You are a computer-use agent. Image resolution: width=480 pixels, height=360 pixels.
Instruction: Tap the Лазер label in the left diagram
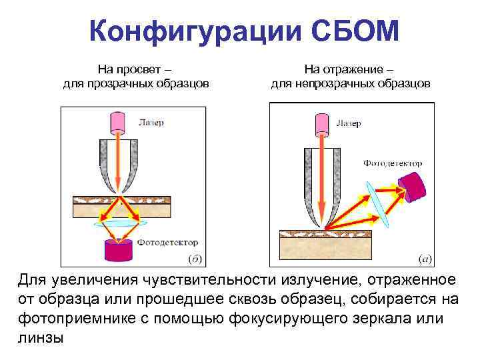(151, 123)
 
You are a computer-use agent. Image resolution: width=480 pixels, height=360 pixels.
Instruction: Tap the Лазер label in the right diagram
(348, 123)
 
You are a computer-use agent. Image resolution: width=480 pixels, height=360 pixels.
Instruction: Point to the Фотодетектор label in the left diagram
(167, 243)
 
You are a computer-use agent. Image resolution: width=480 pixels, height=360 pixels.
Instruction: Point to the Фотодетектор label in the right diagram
(393, 163)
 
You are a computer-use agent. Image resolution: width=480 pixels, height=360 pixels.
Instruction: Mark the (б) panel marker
(197, 258)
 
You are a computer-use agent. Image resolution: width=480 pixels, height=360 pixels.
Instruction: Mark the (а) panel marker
(425, 258)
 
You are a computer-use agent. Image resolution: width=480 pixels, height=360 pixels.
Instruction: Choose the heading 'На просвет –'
(136, 69)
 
